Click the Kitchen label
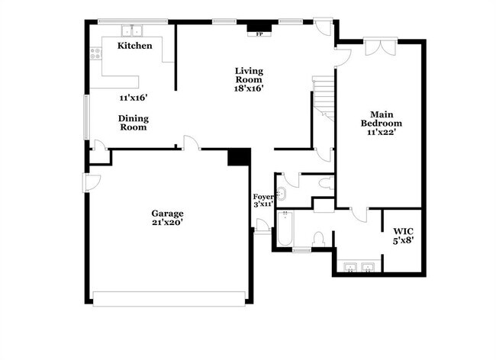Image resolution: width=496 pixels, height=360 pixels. pyautogui.click(x=134, y=46)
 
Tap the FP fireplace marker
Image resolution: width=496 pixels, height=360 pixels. pyautogui.click(x=259, y=34)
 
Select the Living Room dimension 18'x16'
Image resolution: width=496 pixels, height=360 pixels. pyautogui.click(x=249, y=88)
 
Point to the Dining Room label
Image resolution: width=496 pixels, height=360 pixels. pyautogui.click(x=133, y=123)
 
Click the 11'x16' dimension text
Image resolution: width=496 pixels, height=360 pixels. pyautogui.click(x=133, y=98)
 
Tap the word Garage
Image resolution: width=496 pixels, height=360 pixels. pyautogui.click(x=166, y=213)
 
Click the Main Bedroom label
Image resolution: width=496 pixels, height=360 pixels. pyautogui.click(x=381, y=118)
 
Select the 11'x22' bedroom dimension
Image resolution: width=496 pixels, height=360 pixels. pyautogui.click(x=381, y=132)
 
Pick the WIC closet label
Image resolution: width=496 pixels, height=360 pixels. pyautogui.click(x=403, y=230)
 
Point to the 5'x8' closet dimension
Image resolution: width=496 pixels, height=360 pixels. pyautogui.click(x=403, y=240)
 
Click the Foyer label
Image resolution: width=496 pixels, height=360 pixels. pyautogui.click(x=263, y=198)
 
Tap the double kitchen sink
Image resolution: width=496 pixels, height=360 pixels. pyautogui.click(x=136, y=31)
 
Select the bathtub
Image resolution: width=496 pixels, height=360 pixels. pyautogui.click(x=284, y=229)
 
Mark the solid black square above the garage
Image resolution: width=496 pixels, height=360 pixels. pyautogui.click(x=239, y=156)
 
